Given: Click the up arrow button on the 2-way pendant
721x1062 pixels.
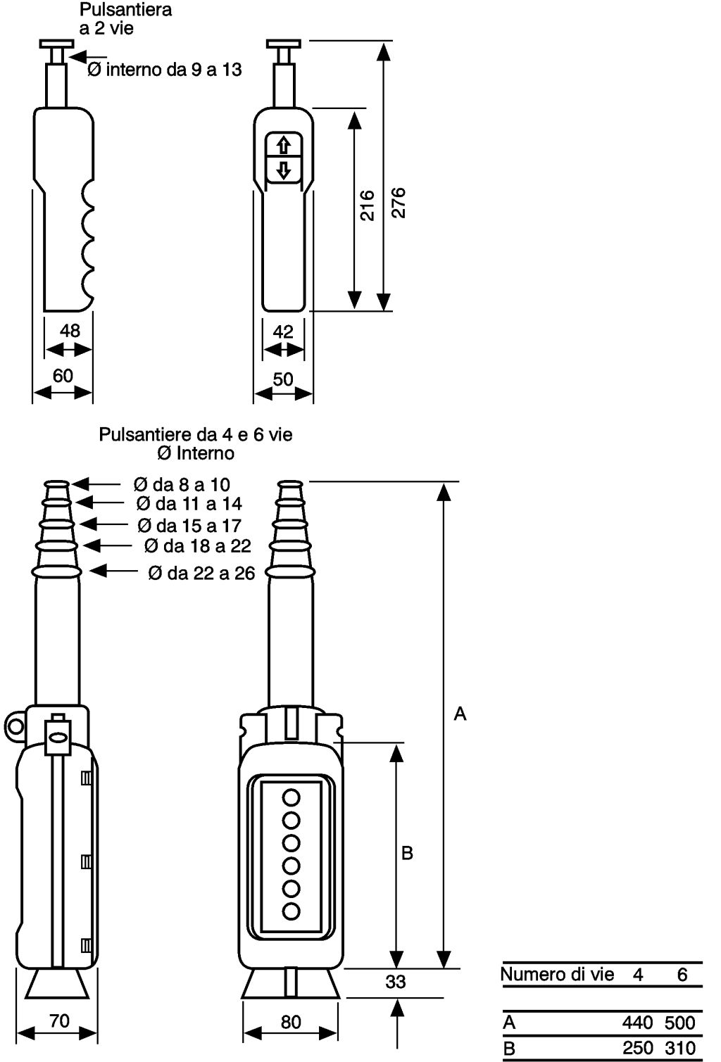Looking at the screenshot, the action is [284, 144].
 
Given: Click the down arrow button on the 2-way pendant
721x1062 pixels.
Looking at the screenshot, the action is [284, 169].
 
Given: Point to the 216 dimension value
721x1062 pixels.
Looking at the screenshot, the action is [367, 206].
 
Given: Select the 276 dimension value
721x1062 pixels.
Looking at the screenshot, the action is [399, 203].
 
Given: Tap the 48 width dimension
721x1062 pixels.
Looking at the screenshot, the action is [70, 331].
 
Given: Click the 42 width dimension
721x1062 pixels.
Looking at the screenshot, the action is [283, 331].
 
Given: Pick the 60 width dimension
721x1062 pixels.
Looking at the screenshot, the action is [63, 376].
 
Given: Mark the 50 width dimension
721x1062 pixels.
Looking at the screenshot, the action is [283, 379].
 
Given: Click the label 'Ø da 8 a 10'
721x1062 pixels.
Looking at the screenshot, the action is [182, 484].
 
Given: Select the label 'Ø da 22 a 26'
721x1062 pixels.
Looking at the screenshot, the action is [201, 573].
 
